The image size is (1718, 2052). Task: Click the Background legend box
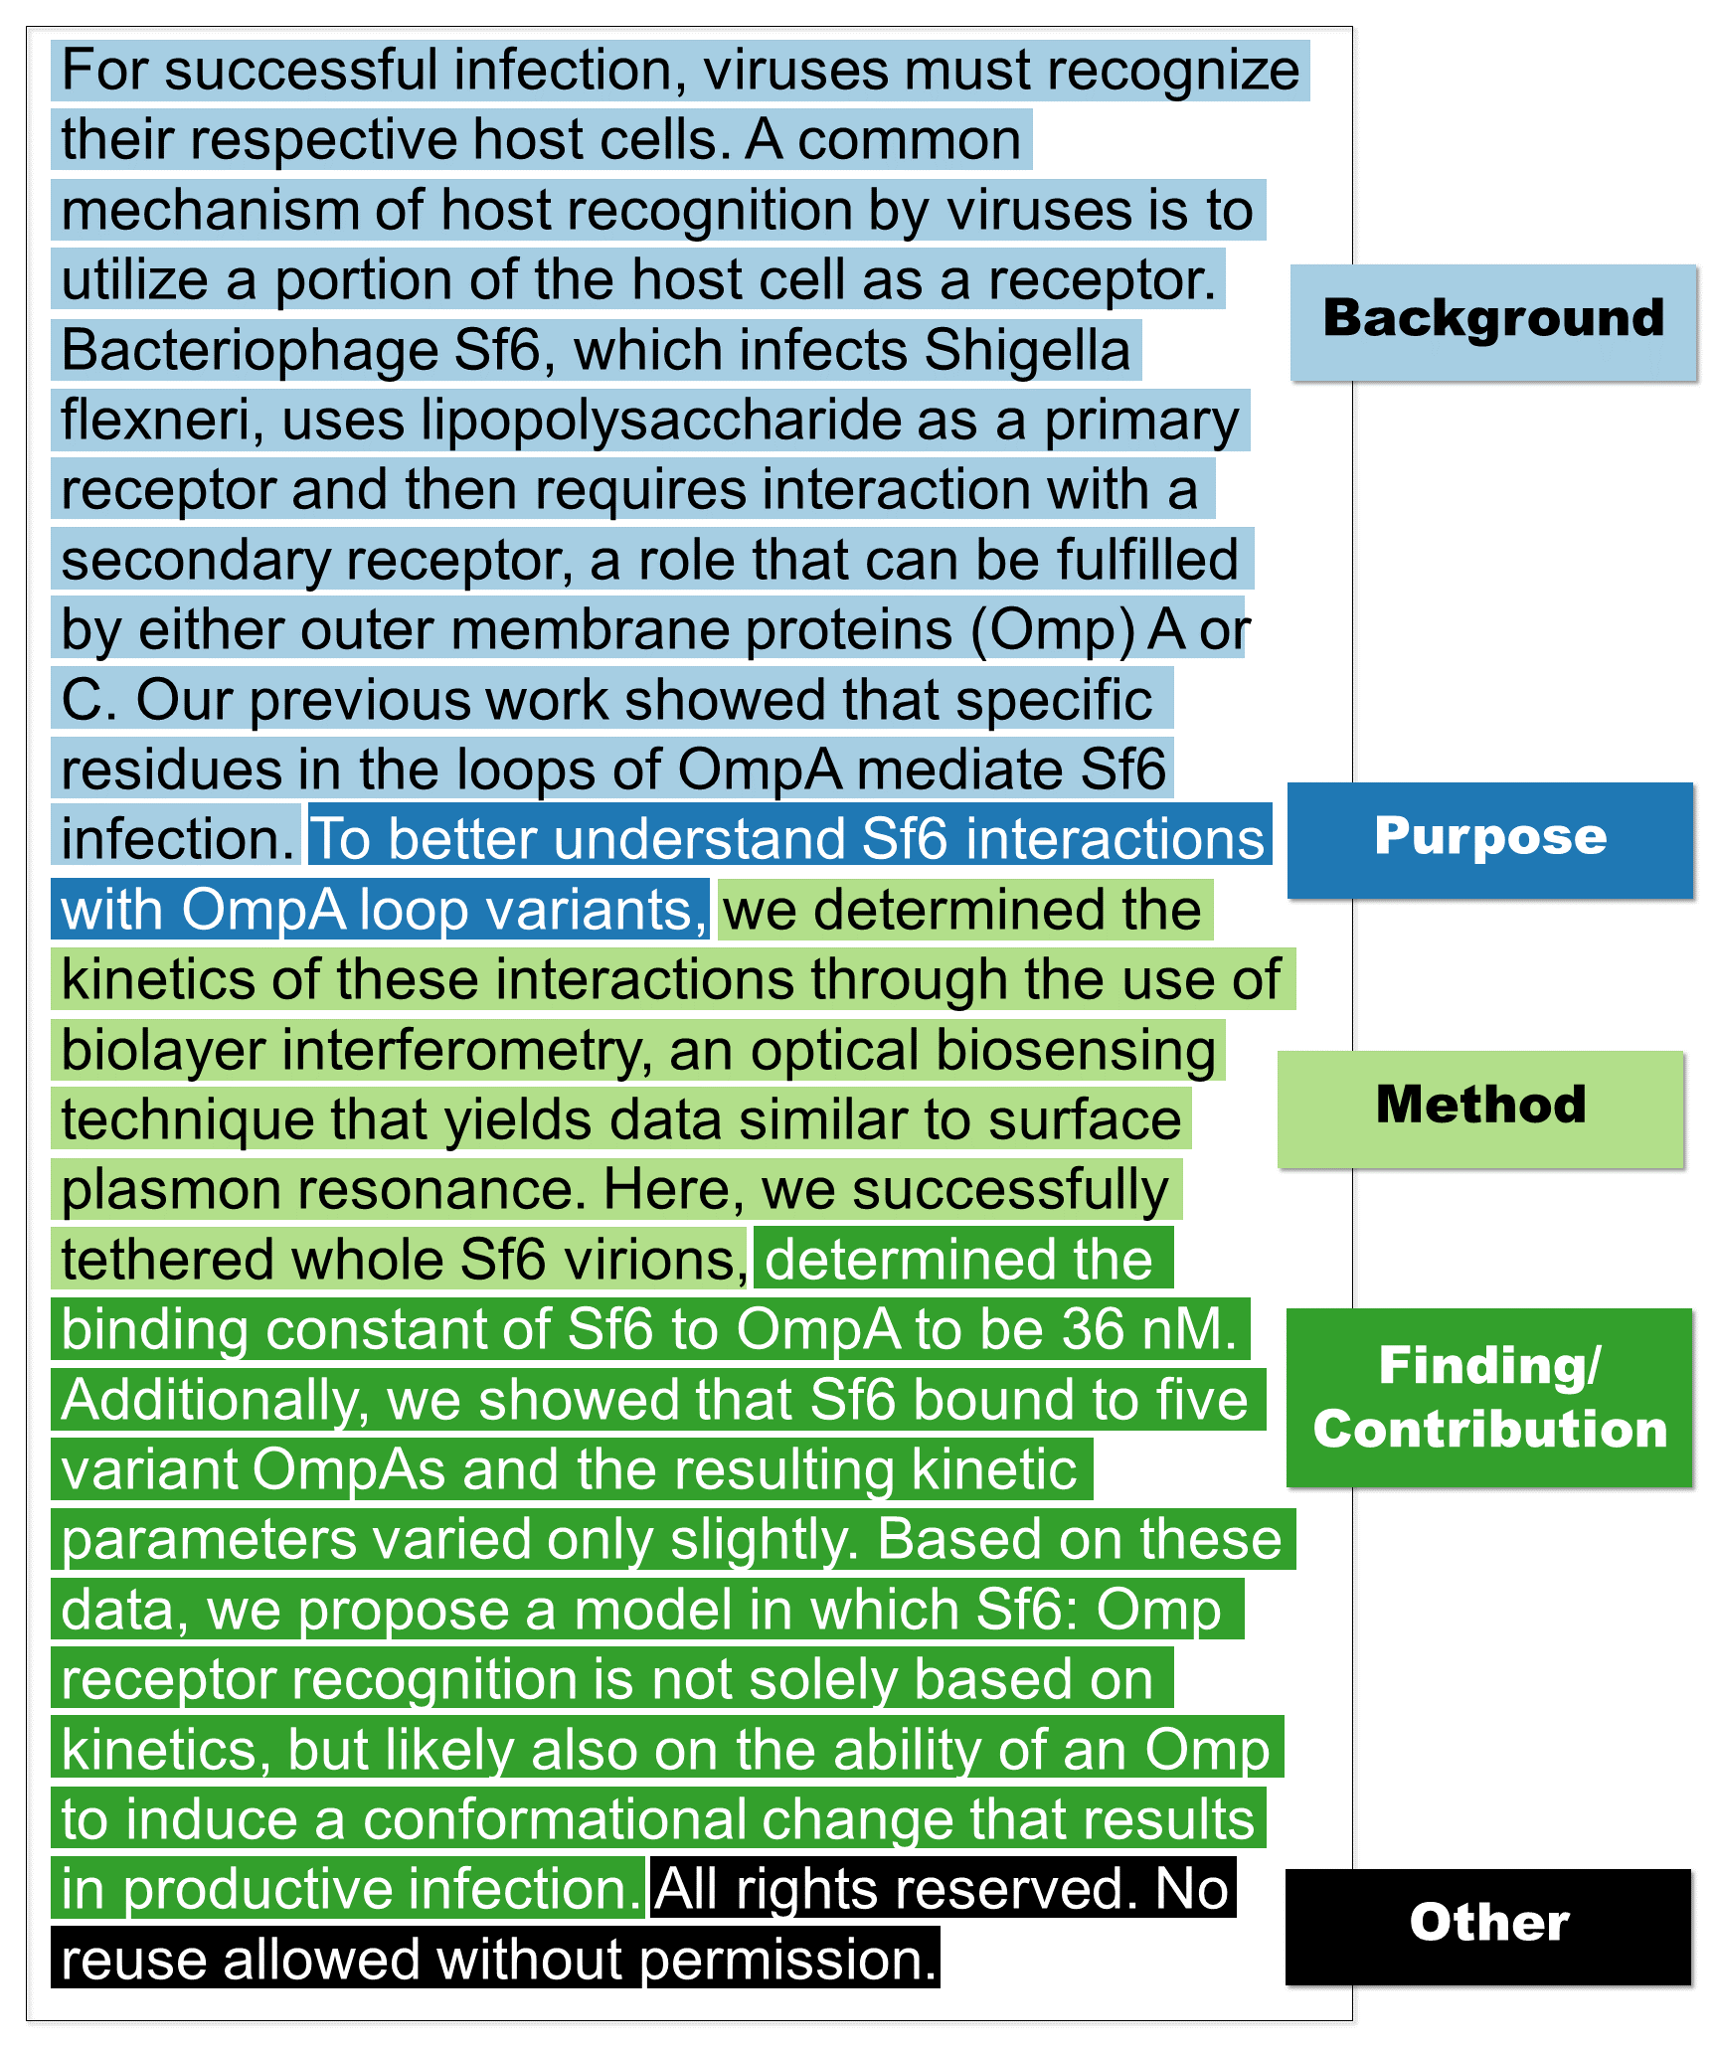pyautogui.click(x=1492, y=321)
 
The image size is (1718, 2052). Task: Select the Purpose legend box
pyautogui.click(x=1489, y=839)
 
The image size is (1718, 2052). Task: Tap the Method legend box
pyautogui.click(x=1480, y=1108)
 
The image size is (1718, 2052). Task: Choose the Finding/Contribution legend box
pyautogui.click(x=1488, y=1397)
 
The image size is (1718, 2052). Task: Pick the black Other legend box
pyautogui.click(x=1487, y=1926)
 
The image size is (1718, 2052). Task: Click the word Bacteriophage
pyautogui.click(x=250, y=351)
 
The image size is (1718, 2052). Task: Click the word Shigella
pyautogui.click(x=1027, y=351)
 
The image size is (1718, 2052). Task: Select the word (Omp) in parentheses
pyautogui.click(x=1053, y=630)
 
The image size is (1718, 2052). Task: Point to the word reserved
pyautogui.click(x=1014, y=1889)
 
